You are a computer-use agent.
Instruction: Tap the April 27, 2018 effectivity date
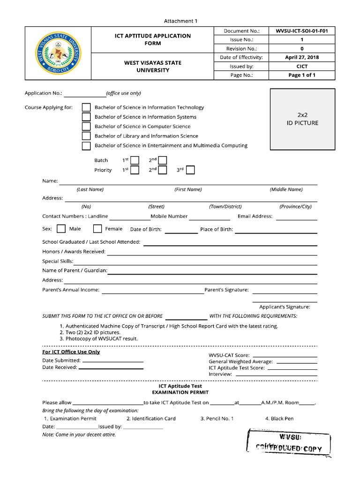tap(302, 57)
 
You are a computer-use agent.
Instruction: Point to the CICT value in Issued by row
tap(302, 66)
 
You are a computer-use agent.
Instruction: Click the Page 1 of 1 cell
tap(302, 75)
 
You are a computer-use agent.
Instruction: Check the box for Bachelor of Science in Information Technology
tap(86, 107)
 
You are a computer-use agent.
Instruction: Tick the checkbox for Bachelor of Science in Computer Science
tap(86, 127)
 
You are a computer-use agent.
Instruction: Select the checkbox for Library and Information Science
tap(86, 136)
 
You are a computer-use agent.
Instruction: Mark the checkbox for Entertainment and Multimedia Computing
tap(86, 146)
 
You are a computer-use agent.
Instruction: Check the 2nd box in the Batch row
tap(163, 160)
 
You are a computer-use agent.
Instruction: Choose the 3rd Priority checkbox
tap(190, 170)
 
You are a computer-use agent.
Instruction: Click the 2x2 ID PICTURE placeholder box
tap(302, 119)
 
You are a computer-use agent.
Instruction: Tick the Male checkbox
tap(61, 229)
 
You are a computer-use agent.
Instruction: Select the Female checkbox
tap(97, 229)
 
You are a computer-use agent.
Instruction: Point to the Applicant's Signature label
tap(285, 307)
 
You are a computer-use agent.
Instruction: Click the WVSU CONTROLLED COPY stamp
tap(288, 443)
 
